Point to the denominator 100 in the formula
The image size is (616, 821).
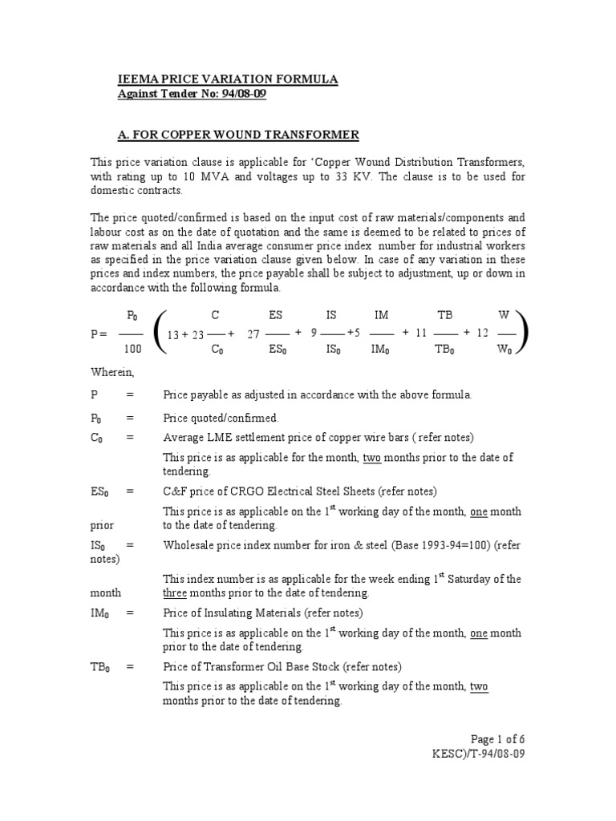pos(132,349)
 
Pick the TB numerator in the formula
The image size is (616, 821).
pos(444,316)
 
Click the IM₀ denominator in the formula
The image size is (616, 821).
pos(382,350)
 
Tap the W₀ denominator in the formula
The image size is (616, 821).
pos(505,350)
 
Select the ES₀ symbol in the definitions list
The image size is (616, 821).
pos(100,491)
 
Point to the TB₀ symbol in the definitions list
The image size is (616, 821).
pos(100,667)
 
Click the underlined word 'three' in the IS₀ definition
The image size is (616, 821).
pos(175,593)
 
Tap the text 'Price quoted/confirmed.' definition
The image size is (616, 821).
pos(221,418)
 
